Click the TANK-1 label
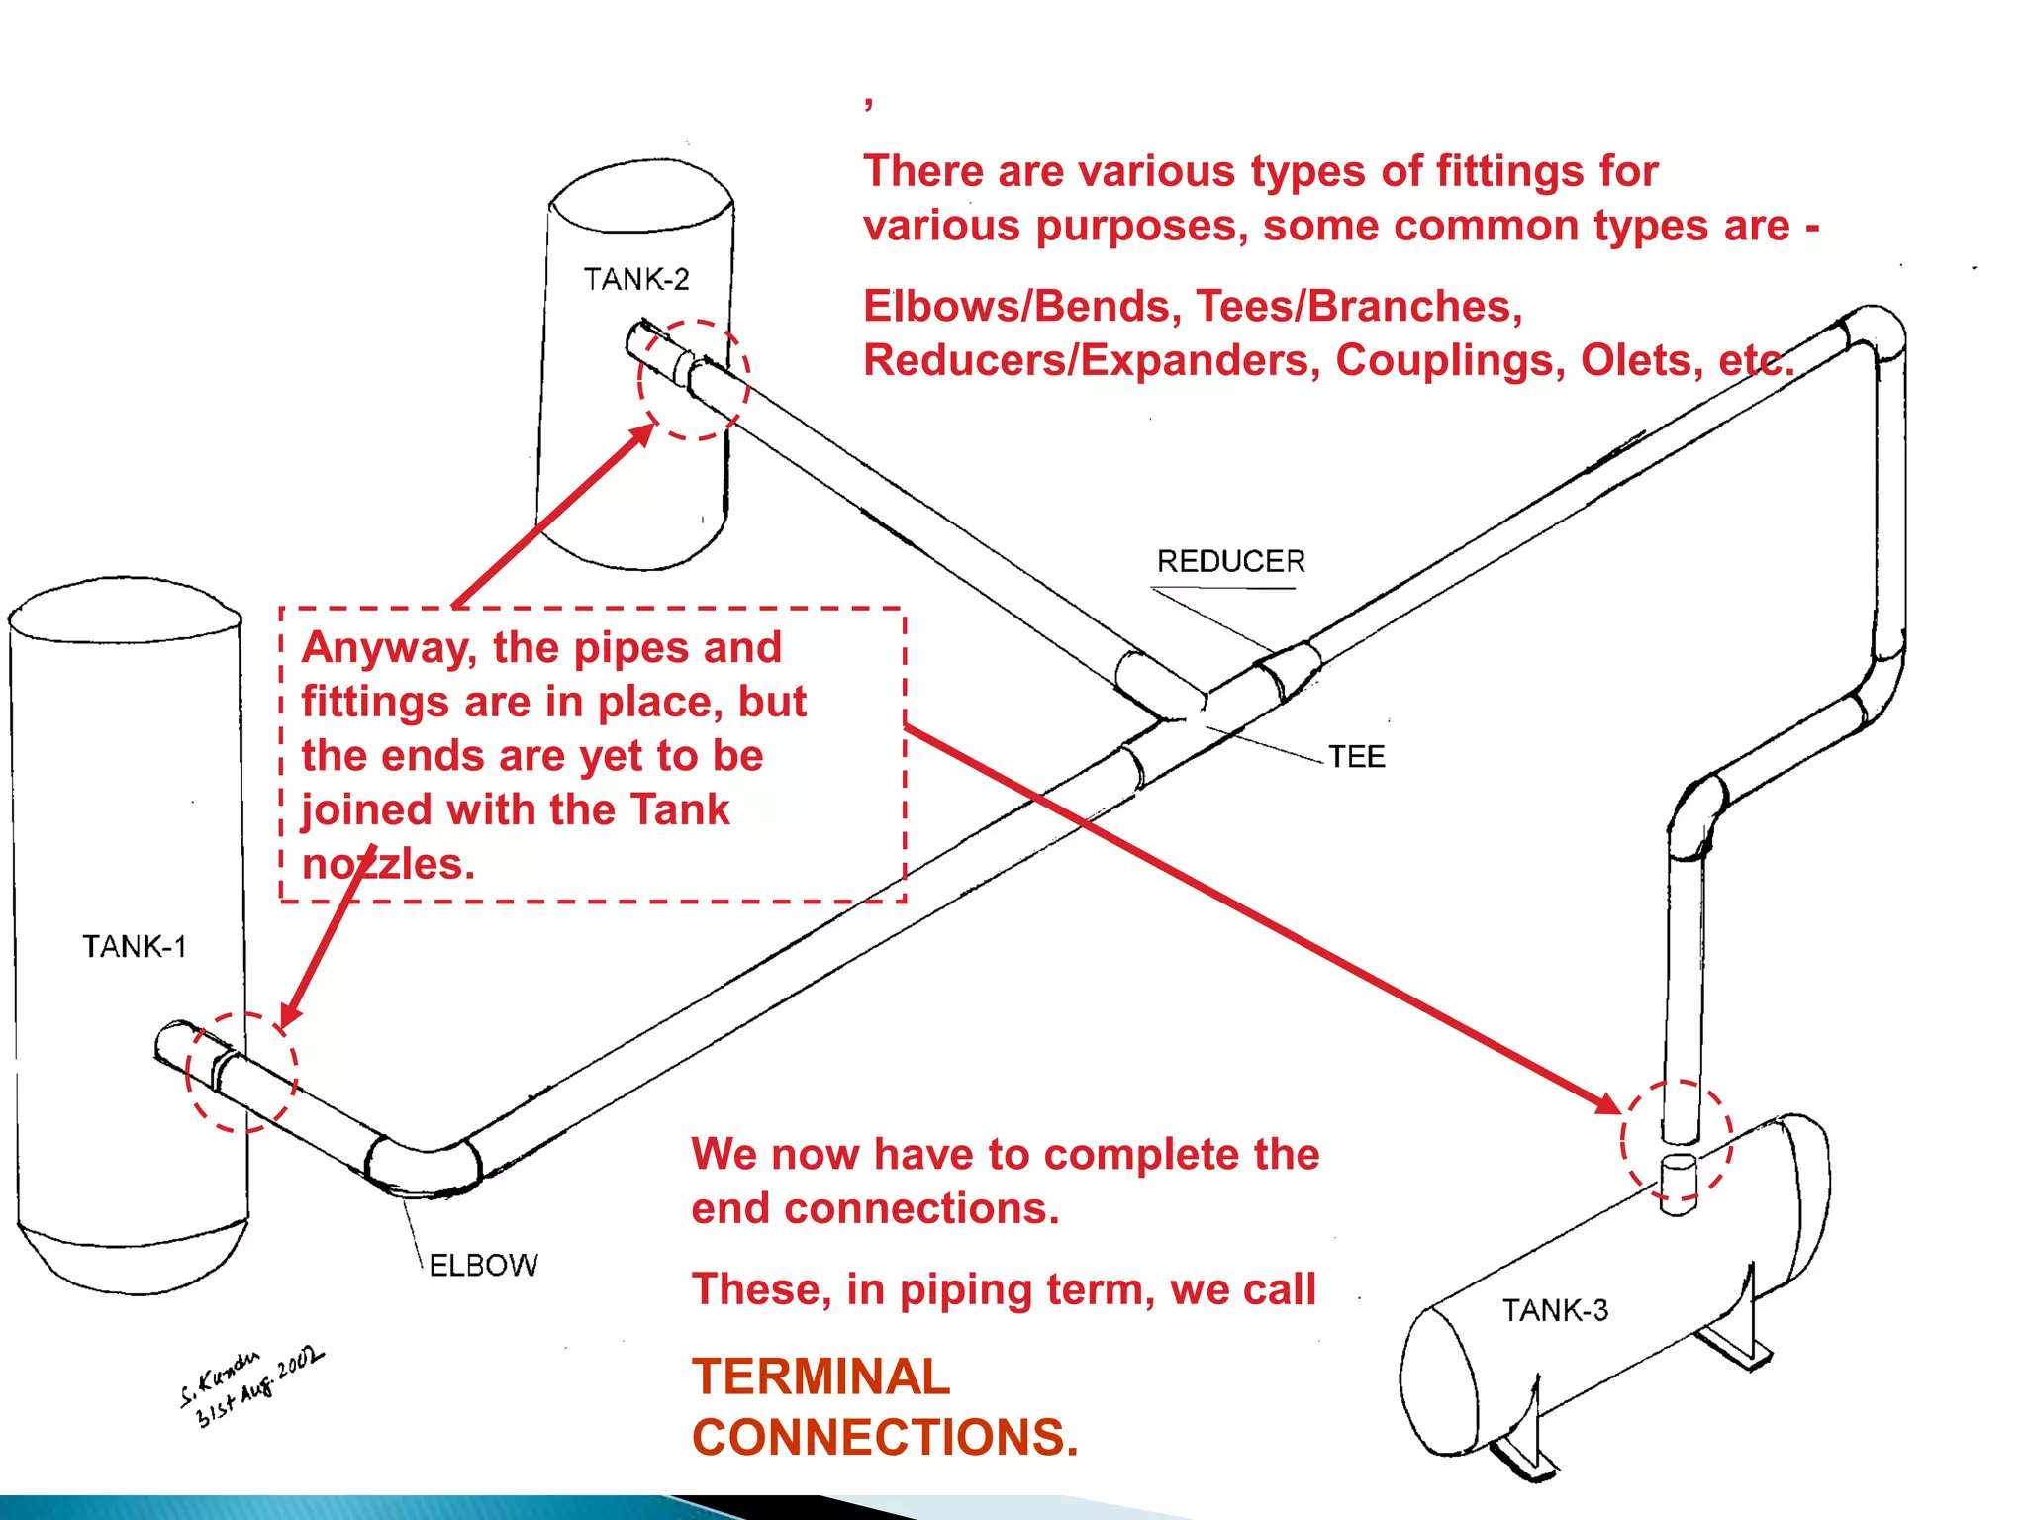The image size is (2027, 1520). click(134, 947)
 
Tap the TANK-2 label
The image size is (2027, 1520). click(635, 280)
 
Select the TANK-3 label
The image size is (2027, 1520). click(1555, 1310)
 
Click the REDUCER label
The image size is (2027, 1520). click(1230, 562)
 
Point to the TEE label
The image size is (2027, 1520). click(1356, 757)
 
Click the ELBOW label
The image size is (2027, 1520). click(483, 1266)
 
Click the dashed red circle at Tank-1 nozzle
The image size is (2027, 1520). click(241, 1072)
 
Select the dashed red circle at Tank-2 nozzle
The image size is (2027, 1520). click(693, 380)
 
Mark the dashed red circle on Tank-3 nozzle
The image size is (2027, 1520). click(1677, 1139)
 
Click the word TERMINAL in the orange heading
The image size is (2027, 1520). click(820, 1377)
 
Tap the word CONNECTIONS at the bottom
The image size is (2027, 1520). click(884, 1437)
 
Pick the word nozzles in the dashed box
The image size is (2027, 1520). click(387, 864)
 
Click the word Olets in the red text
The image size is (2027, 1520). click(1641, 361)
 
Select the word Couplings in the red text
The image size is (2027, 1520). click(1450, 361)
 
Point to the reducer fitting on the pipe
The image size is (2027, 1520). click(1290, 670)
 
